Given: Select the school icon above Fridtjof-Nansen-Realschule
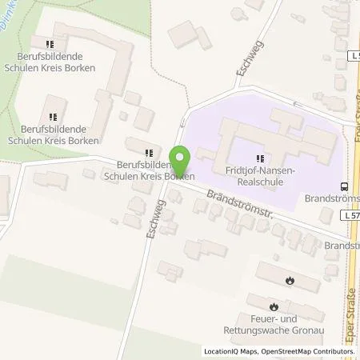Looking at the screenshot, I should pos(259,158).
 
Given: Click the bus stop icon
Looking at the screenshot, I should pos(343,184).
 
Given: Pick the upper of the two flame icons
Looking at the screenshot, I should pos(290,280).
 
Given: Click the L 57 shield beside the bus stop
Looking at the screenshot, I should pos(351,216).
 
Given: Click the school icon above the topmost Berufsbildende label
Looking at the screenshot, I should pos(50,45).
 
